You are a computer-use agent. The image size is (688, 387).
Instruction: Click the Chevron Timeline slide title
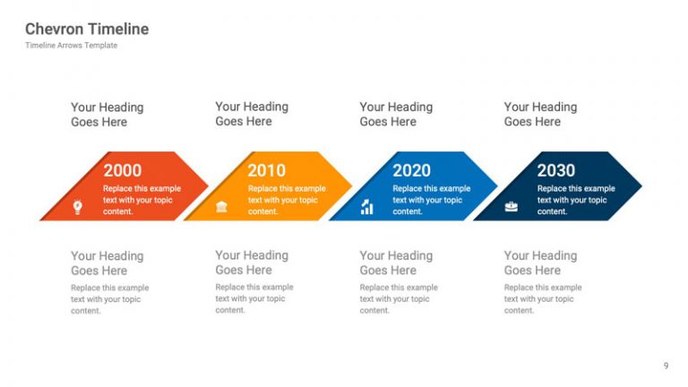pyautogui.click(x=87, y=29)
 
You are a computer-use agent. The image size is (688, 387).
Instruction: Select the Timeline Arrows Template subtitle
pyautogui.click(x=71, y=46)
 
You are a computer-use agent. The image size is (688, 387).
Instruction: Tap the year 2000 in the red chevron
pyautogui.click(x=122, y=170)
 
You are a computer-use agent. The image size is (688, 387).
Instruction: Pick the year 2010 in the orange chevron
pyautogui.click(x=266, y=170)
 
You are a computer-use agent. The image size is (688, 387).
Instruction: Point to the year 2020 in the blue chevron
pyautogui.click(x=411, y=170)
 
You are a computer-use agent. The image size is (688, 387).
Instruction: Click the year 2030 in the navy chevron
pyautogui.click(x=555, y=170)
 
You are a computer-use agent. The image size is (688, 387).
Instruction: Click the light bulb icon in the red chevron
pyautogui.click(x=78, y=207)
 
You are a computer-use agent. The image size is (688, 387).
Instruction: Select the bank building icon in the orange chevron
pyautogui.click(x=221, y=207)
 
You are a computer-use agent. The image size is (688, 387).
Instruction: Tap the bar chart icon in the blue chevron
pyautogui.click(x=366, y=208)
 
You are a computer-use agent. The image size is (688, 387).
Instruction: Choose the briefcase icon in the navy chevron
pyautogui.click(x=511, y=207)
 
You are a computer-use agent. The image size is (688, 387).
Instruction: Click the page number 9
pyautogui.click(x=666, y=365)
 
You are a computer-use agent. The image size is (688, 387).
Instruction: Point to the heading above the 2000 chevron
pyautogui.click(x=107, y=115)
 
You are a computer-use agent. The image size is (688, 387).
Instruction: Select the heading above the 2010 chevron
pyautogui.click(x=252, y=114)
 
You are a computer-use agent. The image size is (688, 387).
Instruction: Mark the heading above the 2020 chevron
pyautogui.click(x=396, y=114)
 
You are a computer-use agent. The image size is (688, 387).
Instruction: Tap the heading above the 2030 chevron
pyautogui.click(x=540, y=114)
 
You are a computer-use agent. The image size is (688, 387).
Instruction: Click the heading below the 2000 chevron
pyautogui.click(x=107, y=263)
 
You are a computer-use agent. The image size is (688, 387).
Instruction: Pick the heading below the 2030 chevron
pyautogui.click(x=540, y=262)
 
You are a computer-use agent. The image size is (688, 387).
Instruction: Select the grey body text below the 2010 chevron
pyautogui.click(x=254, y=298)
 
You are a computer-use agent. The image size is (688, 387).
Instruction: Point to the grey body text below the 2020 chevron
pyautogui.click(x=398, y=298)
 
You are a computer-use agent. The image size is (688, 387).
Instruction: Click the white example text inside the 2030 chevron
pyautogui.click(x=575, y=200)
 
